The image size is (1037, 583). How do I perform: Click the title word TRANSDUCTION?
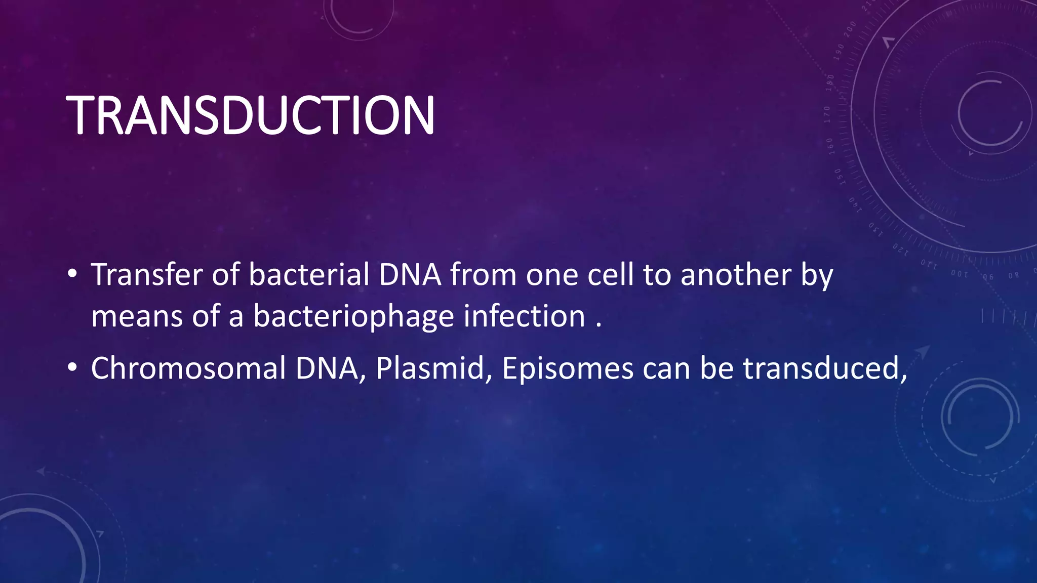(250, 115)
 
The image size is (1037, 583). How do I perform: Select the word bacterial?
(309, 275)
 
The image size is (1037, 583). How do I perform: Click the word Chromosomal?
(188, 368)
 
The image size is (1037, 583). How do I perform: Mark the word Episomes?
(568, 368)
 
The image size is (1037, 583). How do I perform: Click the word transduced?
(825, 368)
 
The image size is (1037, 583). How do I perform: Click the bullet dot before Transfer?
(72, 275)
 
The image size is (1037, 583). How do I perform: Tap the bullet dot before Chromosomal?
(72, 368)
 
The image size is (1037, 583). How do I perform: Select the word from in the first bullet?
(483, 275)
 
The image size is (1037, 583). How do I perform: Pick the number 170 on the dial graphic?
(827, 114)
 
